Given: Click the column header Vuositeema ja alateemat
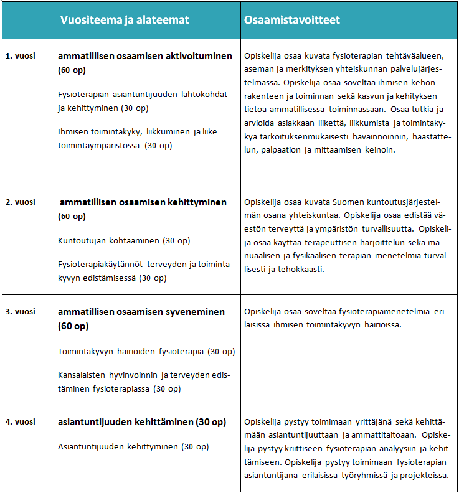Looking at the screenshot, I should [125, 20].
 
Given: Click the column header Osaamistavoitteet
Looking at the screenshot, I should [292, 20].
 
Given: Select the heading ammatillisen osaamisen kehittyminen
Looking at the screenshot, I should [143, 202].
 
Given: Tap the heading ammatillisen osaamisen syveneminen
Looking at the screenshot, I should [141, 311].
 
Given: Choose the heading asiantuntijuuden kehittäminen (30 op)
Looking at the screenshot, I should [142, 421].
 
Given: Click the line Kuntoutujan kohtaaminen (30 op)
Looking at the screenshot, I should [124, 240].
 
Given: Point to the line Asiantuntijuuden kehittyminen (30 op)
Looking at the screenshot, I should [133, 446].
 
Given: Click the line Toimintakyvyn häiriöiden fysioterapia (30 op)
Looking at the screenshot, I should [146, 351].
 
